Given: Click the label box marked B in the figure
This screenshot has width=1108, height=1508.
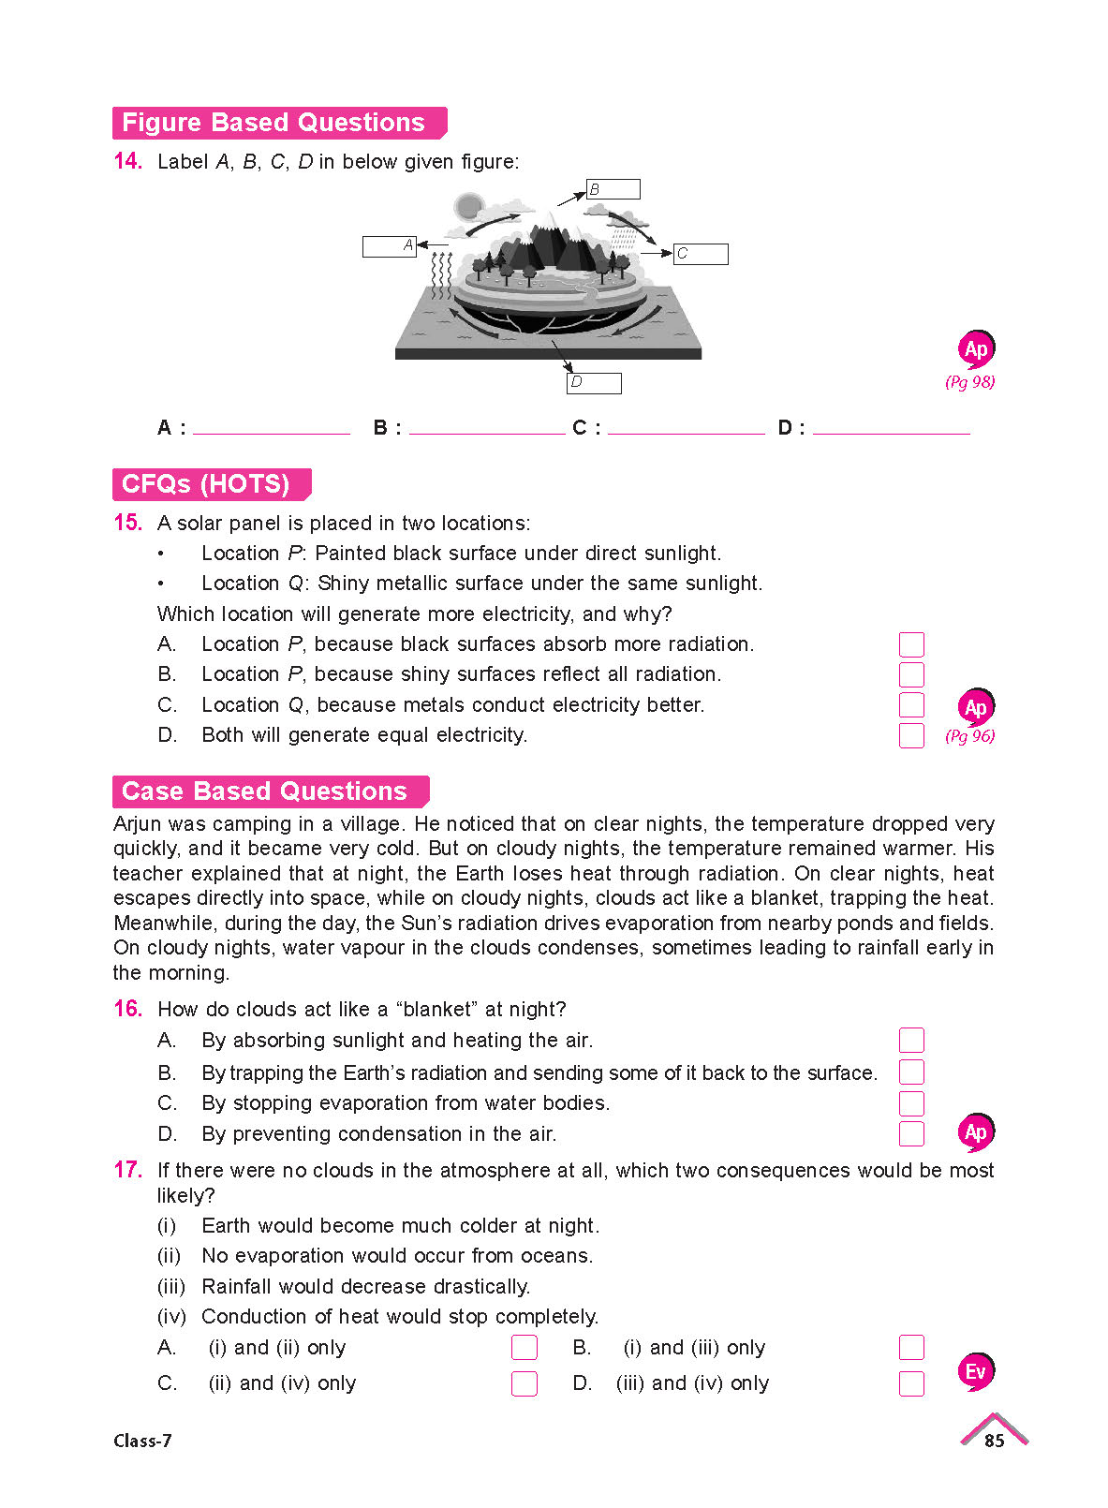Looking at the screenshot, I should (x=613, y=189).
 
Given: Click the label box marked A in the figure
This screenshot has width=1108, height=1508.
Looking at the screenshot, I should (x=389, y=246).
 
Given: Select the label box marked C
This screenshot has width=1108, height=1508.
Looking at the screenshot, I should (x=701, y=254).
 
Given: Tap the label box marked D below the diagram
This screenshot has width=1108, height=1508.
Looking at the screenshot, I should (x=594, y=382).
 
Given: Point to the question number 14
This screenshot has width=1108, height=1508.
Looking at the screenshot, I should (x=127, y=161).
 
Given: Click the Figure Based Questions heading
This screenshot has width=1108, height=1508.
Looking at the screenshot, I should (x=274, y=123).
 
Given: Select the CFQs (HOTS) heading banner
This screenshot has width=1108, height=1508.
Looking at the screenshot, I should (x=207, y=484).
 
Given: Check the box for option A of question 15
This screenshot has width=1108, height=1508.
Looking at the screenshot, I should (x=911, y=644).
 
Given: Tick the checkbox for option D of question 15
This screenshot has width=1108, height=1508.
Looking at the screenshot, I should (x=911, y=735).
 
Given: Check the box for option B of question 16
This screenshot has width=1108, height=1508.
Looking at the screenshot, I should (x=911, y=1072).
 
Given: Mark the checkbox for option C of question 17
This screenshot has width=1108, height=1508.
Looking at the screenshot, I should (x=524, y=1383).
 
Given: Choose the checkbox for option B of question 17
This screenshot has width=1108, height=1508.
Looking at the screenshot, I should (x=911, y=1347).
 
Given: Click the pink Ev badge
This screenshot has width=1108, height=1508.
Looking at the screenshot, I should (x=975, y=1372).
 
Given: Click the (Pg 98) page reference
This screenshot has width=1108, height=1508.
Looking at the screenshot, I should (x=969, y=382).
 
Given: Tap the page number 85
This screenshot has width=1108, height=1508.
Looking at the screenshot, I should (x=994, y=1441).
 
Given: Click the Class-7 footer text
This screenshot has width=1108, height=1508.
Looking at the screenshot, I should (x=142, y=1441).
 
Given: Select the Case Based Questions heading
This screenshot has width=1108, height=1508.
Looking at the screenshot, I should (x=265, y=791).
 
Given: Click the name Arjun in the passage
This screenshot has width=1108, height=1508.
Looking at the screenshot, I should (x=138, y=824).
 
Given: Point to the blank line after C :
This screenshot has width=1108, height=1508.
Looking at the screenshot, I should (x=686, y=429).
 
